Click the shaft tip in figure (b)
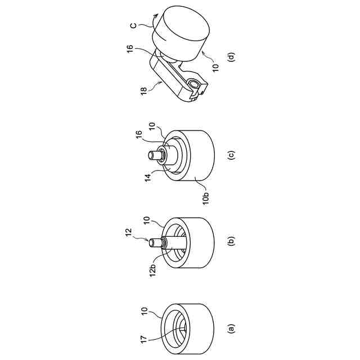pos(151,242)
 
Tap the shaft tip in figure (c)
pos(151,155)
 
